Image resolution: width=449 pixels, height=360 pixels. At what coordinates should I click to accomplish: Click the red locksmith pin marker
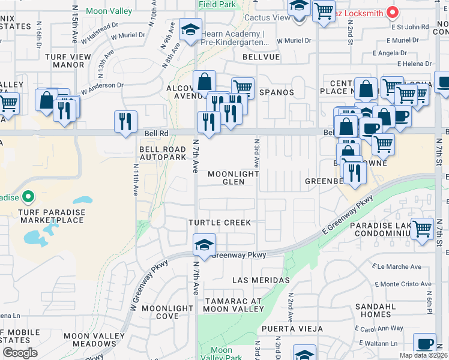pyautogui.click(x=393, y=11)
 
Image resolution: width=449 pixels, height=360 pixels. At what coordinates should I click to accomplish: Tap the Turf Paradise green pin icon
pyautogui.click(x=28, y=197)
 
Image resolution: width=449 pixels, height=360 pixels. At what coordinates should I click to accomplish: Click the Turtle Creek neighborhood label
pyautogui.click(x=220, y=223)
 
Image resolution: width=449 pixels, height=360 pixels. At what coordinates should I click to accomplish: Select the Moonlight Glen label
pyautogui.click(x=234, y=178)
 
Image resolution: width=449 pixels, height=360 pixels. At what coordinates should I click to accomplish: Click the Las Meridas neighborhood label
pyautogui.click(x=261, y=280)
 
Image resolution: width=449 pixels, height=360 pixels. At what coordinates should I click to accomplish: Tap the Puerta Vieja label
pyautogui.click(x=291, y=329)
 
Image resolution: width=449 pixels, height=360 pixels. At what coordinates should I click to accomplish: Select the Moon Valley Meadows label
pyautogui.click(x=89, y=340)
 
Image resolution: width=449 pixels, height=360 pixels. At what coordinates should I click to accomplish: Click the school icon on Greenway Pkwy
pyautogui.click(x=203, y=246)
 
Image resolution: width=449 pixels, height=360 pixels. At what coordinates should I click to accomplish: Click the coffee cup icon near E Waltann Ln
pyautogui.click(x=425, y=344)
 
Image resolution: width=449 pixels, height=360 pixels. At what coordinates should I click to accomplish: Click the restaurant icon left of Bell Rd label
pyautogui.click(x=125, y=121)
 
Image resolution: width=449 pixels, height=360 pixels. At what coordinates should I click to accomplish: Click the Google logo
pyautogui.click(x=20, y=352)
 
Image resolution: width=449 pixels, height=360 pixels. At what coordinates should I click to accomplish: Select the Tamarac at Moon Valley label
pyautogui.click(x=233, y=304)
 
